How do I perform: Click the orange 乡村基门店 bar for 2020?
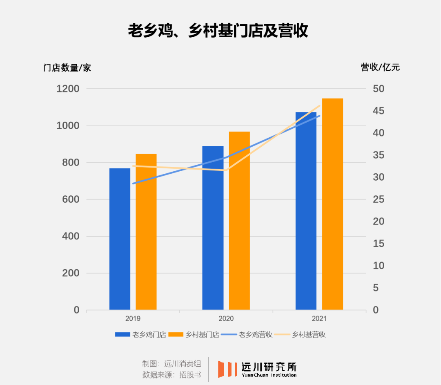point(239,221)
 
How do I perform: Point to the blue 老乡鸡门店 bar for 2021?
point(306,211)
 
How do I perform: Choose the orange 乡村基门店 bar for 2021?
point(332,204)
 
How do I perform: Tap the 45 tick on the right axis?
point(378,111)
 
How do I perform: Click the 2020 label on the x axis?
point(226,319)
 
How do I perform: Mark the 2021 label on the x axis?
point(319,319)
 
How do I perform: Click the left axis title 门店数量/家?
point(67,68)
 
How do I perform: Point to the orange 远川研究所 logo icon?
point(227,369)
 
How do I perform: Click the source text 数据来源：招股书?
point(171,374)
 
